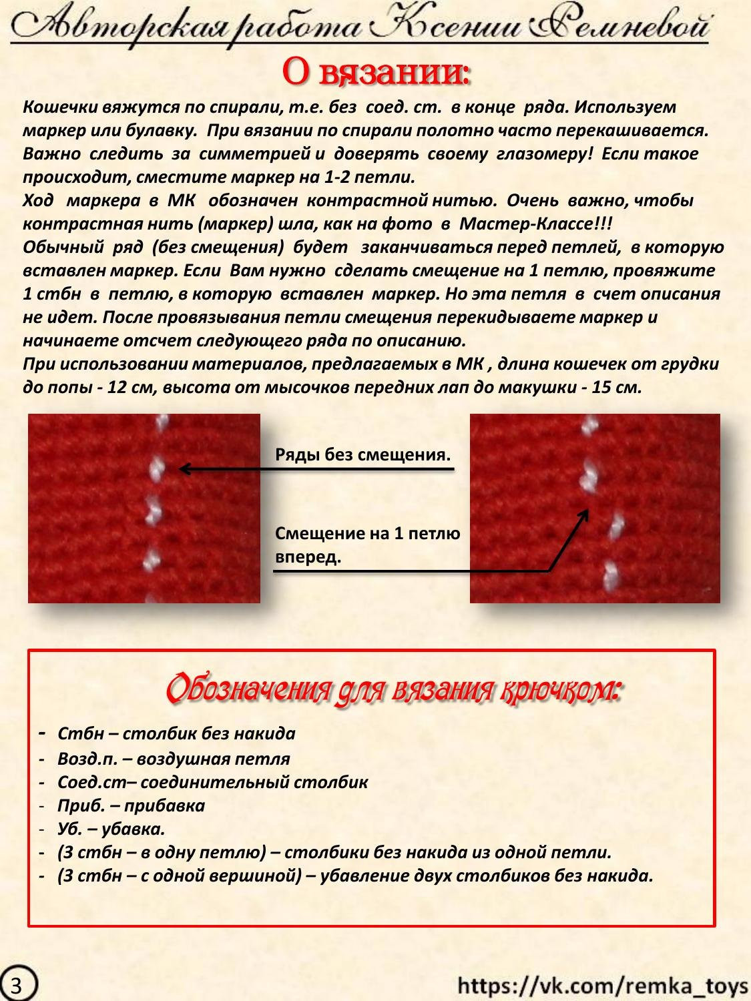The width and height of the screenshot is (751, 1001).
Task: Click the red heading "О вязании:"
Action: [376, 72]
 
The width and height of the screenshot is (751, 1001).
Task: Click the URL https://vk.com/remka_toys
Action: [603, 985]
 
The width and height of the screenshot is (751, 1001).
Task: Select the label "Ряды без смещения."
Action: [362, 455]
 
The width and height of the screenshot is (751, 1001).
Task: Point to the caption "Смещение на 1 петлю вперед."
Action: [367, 545]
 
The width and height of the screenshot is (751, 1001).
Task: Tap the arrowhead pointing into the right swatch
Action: [585, 514]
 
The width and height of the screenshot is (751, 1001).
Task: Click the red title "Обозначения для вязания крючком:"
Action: [394, 689]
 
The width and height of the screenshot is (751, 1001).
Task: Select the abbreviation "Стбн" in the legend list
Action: [81, 733]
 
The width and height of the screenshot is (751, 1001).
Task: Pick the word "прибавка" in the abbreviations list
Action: [164, 805]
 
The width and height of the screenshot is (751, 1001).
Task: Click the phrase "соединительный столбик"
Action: [254, 782]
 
